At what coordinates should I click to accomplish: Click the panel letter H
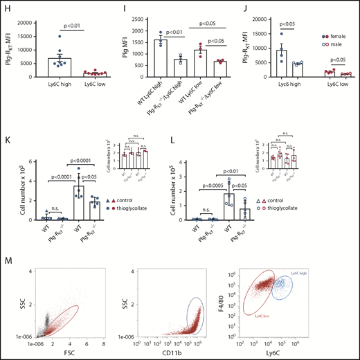pyautogui.click(x=6, y=8)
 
